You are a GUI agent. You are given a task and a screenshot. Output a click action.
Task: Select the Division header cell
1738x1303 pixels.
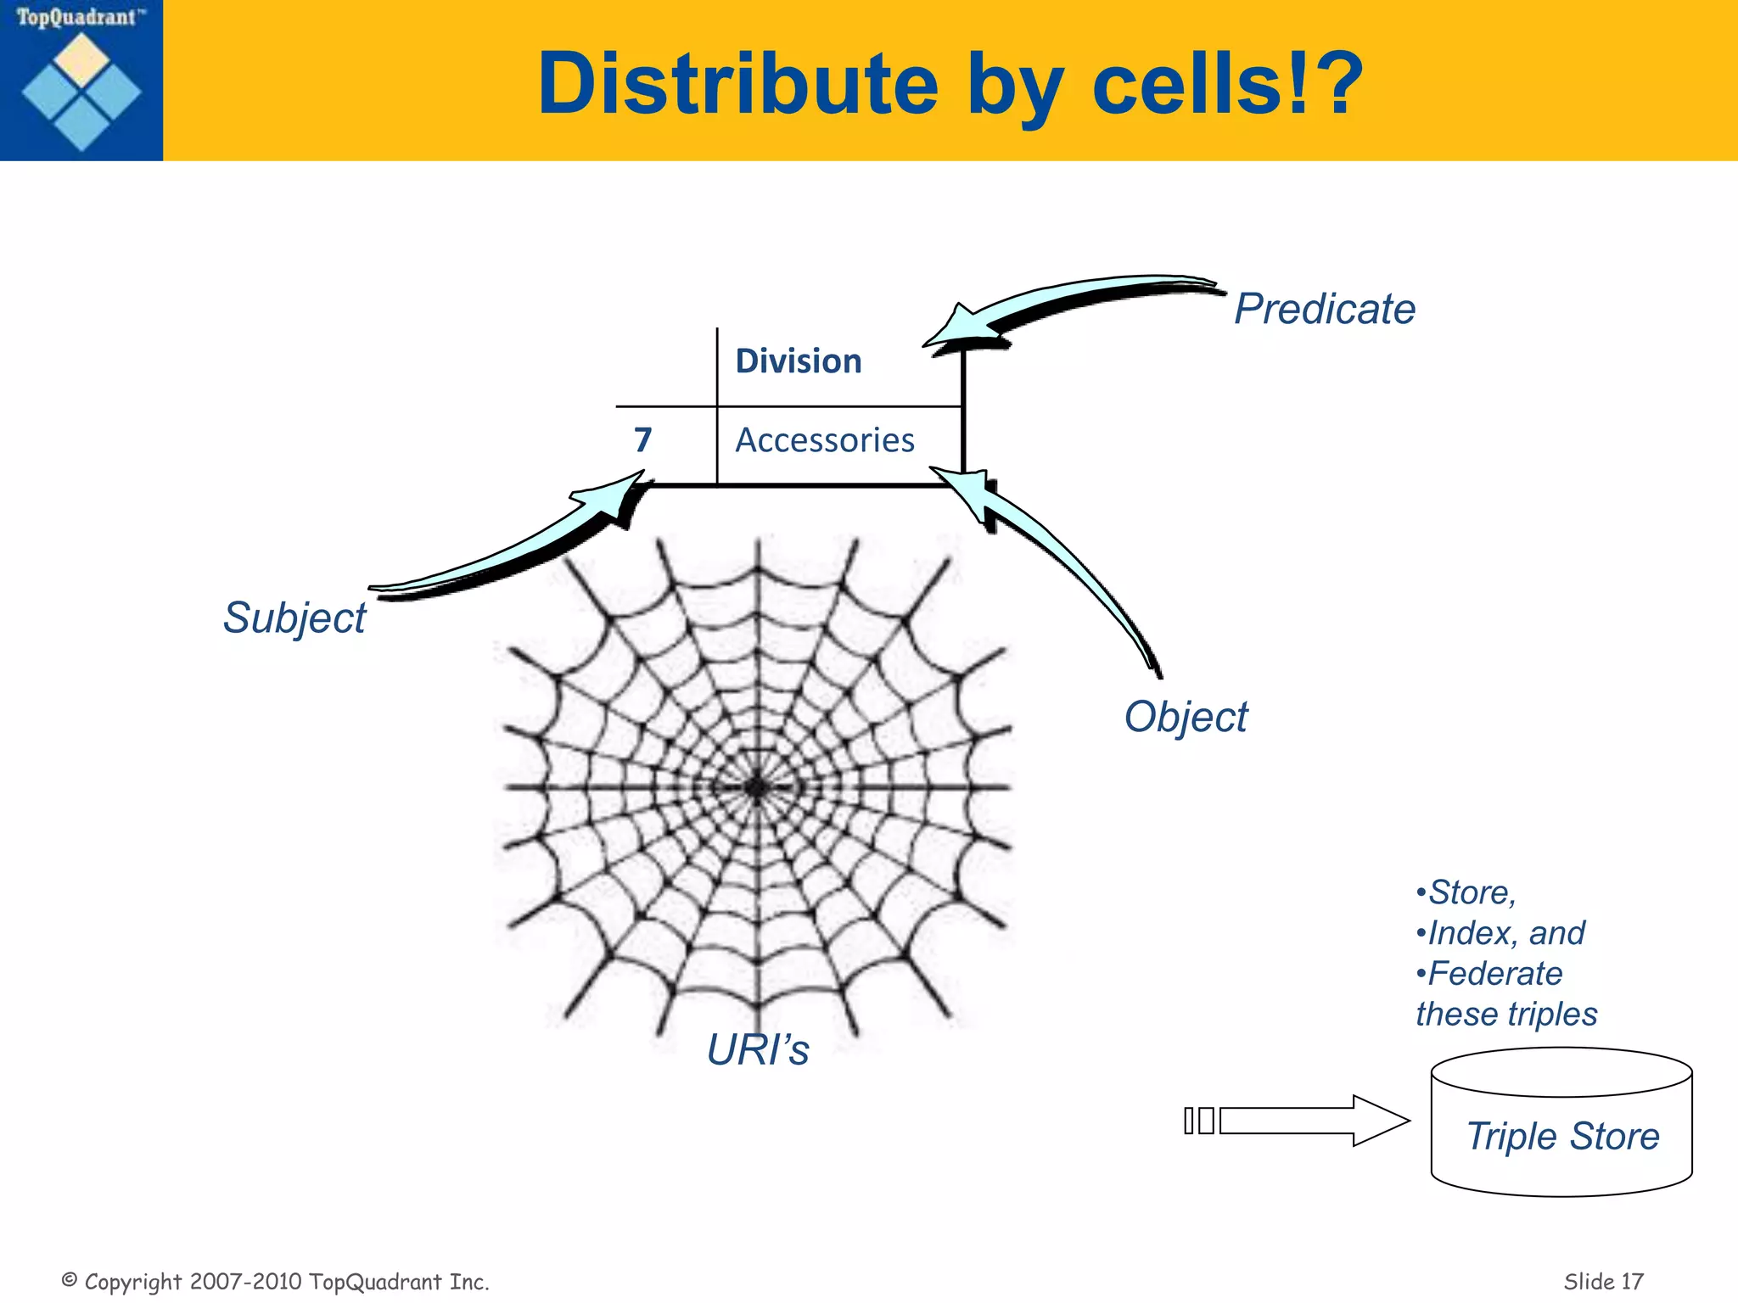(x=798, y=361)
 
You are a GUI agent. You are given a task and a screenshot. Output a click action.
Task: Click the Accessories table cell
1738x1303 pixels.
(x=824, y=440)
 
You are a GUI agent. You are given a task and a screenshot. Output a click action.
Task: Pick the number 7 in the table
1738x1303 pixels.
(x=642, y=440)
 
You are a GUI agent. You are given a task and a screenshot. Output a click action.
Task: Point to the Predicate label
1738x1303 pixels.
(x=1324, y=309)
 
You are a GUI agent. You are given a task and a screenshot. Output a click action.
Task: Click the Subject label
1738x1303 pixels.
(x=294, y=618)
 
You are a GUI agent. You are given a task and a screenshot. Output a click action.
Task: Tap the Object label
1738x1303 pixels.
(x=1186, y=717)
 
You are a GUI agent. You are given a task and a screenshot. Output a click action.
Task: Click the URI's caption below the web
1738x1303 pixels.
(x=757, y=1050)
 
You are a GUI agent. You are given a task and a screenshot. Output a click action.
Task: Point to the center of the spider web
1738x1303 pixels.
(x=756, y=787)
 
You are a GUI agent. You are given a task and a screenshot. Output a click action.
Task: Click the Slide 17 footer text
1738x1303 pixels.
(x=1603, y=1281)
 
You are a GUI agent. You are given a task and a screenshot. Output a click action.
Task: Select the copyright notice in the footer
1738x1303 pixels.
(x=276, y=1281)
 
